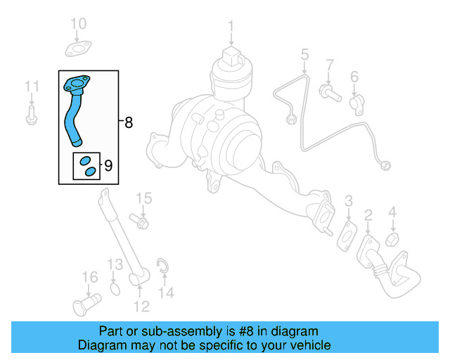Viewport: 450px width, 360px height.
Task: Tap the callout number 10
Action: (x=78, y=24)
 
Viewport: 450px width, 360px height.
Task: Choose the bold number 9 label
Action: (x=108, y=166)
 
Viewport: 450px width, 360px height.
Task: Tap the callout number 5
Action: (x=304, y=54)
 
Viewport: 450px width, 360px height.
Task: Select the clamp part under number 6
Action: (x=356, y=103)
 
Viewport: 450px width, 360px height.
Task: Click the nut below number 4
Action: (x=393, y=239)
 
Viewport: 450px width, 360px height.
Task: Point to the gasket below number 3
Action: (x=347, y=234)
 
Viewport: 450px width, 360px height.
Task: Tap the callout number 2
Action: (x=368, y=215)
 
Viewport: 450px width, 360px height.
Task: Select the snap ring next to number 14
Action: (x=162, y=266)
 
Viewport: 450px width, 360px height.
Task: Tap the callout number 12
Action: (x=141, y=307)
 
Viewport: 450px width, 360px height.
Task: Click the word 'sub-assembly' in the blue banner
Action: (x=165, y=331)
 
